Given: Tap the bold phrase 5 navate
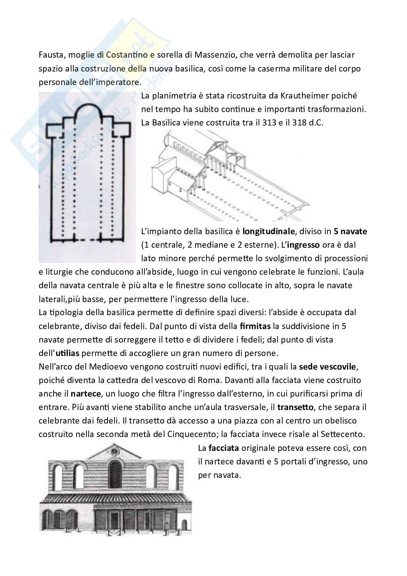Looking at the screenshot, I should click(350, 231).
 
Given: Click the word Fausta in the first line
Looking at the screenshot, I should click(50, 55).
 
